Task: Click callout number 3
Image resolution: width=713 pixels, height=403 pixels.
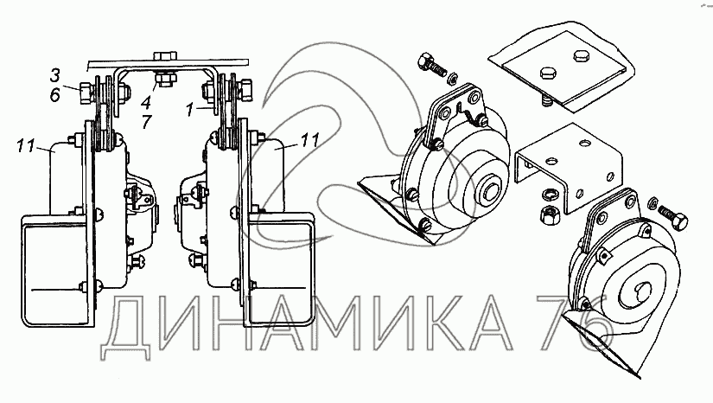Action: [x=55, y=75]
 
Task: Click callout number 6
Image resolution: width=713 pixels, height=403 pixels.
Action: [x=55, y=95]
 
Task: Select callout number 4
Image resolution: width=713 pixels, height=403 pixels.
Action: [x=146, y=102]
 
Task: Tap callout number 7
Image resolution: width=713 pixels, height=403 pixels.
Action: [x=146, y=122]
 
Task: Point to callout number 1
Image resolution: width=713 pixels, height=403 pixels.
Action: [x=190, y=110]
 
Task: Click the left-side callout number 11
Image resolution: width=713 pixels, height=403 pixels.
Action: [x=25, y=146]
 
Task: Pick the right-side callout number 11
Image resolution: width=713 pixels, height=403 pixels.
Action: [x=309, y=139]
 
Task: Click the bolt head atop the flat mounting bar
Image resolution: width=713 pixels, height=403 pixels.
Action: [x=166, y=56]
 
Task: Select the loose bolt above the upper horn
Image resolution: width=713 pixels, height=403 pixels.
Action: [x=431, y=65]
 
